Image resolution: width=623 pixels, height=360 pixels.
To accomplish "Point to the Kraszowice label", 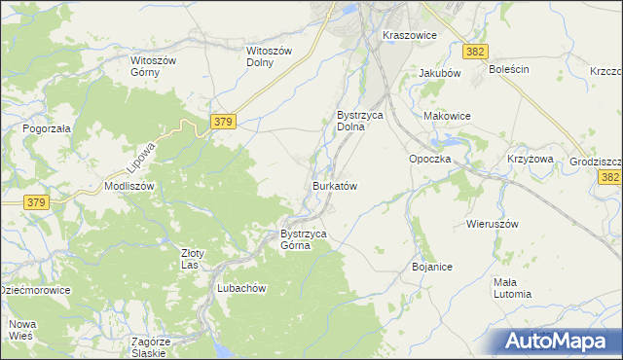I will point(410,34).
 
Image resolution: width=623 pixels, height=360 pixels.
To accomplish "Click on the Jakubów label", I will point(439,73).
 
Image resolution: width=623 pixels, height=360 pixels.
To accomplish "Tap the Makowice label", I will point(447,116).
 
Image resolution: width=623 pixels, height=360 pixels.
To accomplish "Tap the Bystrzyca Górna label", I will point(309,239).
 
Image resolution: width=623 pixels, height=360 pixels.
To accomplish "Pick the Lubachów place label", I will point(241,288).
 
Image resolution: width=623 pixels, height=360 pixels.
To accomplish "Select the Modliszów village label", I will point(129,185).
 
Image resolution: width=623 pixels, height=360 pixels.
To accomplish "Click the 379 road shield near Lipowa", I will point(223,121).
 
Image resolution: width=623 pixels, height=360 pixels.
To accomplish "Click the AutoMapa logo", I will point(559,342).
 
